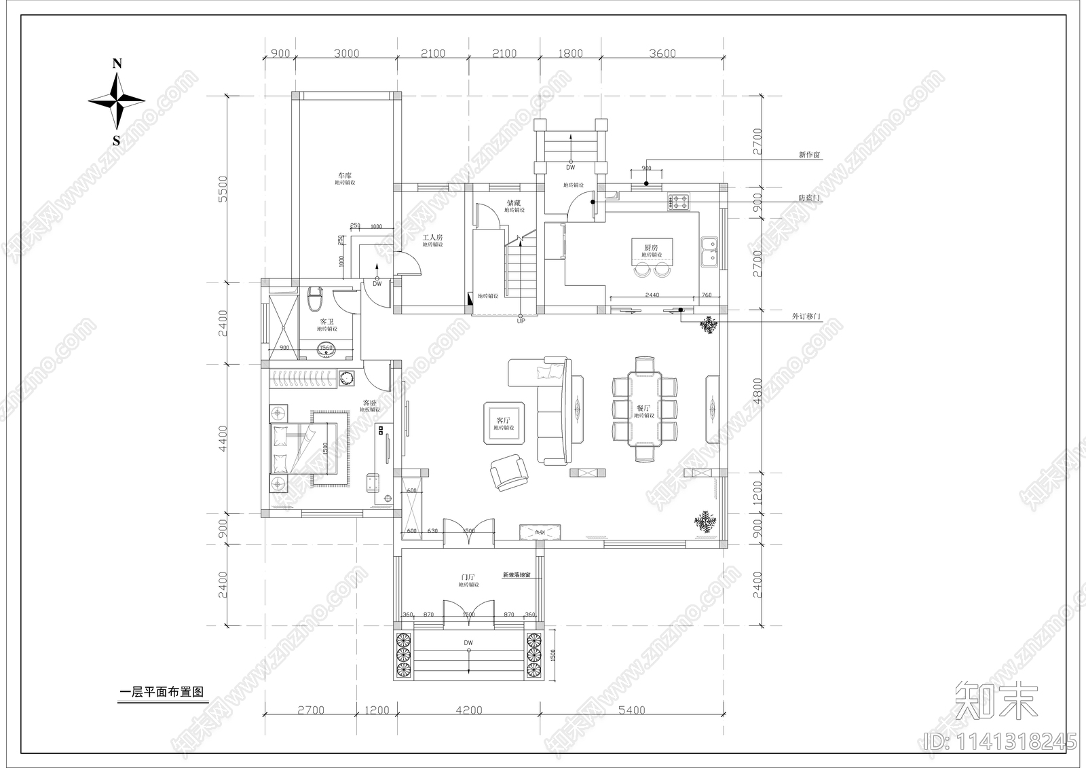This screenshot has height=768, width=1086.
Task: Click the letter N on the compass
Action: click(117, 64)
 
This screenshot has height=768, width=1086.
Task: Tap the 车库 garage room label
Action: click(345, 176)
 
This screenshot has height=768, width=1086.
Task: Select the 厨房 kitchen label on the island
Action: click(650, 248)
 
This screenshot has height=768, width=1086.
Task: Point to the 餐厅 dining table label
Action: click(643, 409)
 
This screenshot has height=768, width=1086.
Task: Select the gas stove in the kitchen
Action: click(679, 201)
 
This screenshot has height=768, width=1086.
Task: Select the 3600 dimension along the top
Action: click(662, 54)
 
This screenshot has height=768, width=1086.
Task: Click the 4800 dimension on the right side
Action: click(757, 392)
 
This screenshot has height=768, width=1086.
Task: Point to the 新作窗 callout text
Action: click(809, 155)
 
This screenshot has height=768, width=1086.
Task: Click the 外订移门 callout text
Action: click(806, 317)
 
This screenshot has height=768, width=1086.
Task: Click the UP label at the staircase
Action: click(521, 321)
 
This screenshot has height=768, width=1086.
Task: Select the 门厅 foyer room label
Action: click(468, 577)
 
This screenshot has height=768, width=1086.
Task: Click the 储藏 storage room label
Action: click(513, 202)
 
